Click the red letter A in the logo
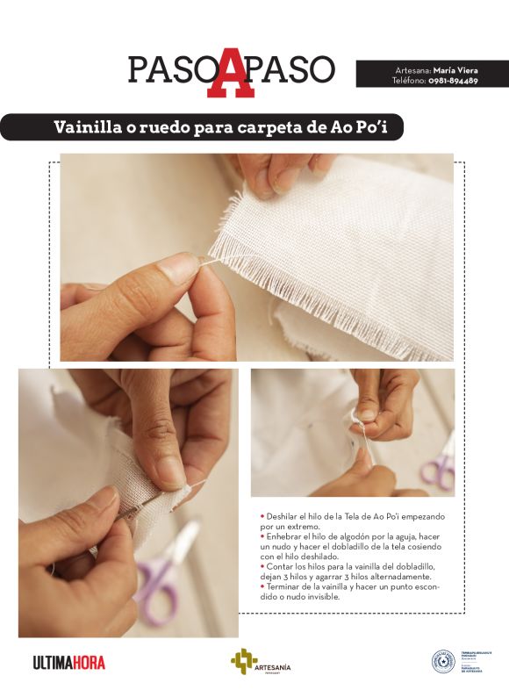click(x=231, y=72)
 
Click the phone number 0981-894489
click(x=453, y=80)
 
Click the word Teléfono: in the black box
click(x=409, y=80)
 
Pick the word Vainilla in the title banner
click(x=88, y=126)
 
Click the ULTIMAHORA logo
click(x=68, y=662)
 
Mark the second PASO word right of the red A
click(x=295, y=69)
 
